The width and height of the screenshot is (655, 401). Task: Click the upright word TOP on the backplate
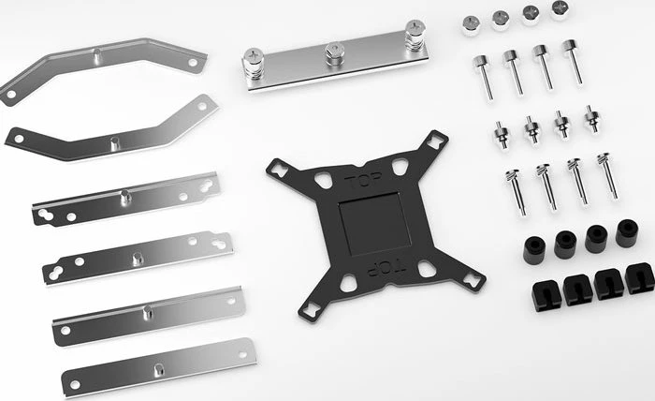click(x=363, y=180)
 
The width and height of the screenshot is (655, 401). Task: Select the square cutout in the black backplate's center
click(x=374, y=224)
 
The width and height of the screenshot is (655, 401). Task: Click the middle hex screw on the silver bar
click(x=335, y=53)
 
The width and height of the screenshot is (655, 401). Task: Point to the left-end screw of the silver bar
click(x=254, y=64)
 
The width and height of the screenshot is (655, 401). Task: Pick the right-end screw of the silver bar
click(x=415, y=35)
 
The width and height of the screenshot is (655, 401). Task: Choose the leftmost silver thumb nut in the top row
click(x=471, y=25)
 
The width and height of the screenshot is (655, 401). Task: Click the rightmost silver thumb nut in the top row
click(x=560, y=10)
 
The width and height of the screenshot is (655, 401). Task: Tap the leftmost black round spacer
click(x=534, y=249)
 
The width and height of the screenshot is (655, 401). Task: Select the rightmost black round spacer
click(x=627, y=232)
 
